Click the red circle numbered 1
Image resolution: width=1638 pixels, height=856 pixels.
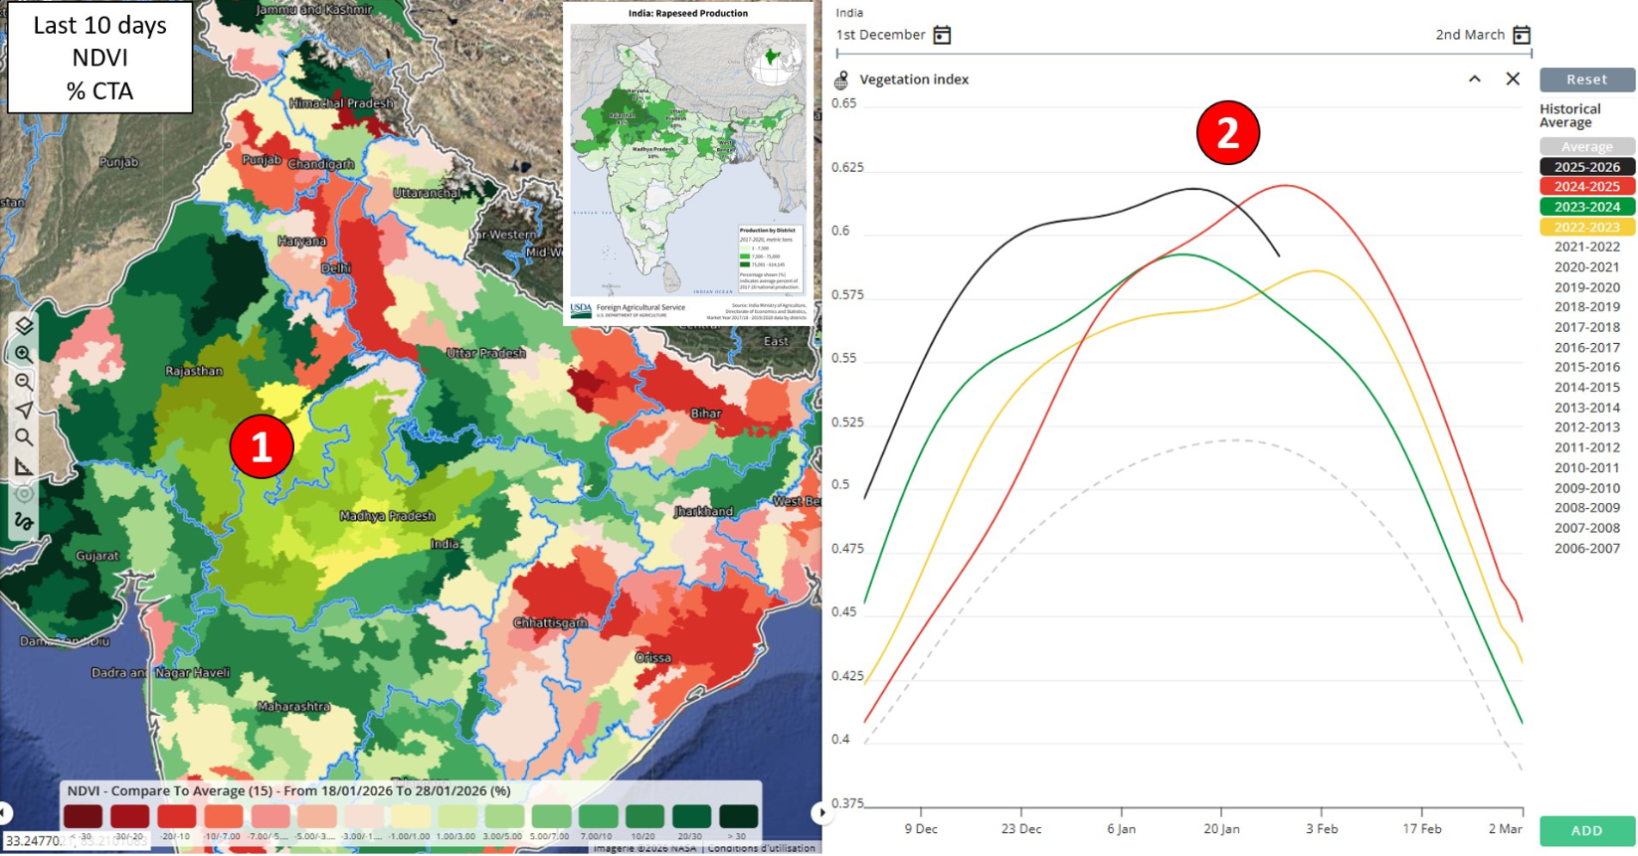(x=262, y=446)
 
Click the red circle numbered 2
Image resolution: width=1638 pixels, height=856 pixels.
(x=1227, y=132)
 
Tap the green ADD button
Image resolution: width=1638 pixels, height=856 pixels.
(x=1586, y=830)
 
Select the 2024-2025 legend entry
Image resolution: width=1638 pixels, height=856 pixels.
(x=1586, y=187)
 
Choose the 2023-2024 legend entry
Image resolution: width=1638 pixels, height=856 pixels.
(x=1586, y=207)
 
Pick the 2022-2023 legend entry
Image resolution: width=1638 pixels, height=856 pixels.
(x=1586, y=227)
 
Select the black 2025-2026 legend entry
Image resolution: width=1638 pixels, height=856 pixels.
(x=1586, y=167)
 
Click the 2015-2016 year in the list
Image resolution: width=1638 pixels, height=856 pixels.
(x=1586, y=367)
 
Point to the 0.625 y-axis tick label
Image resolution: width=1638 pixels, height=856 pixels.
(x=847, y=167)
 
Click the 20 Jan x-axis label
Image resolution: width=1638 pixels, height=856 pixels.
(x=1221, y=828)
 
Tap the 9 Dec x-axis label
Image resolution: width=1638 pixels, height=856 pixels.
(x=920, y=828)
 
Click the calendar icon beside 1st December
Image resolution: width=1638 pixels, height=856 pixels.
(x=942, y=36)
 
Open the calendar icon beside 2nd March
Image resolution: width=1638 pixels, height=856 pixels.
(x=1521, y=36)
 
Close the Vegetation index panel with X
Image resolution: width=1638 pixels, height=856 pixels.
(x=1513, y=79)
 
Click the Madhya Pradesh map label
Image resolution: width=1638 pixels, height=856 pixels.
(x=387, y=516)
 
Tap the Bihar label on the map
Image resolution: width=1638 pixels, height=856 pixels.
(x=706, y=413)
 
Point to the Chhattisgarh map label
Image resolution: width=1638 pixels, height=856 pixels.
(x=550, y=622)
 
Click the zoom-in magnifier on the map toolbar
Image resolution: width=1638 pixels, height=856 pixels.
(x=24, y=354)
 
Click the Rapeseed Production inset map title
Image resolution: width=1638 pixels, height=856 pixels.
(x=687, y=14)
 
